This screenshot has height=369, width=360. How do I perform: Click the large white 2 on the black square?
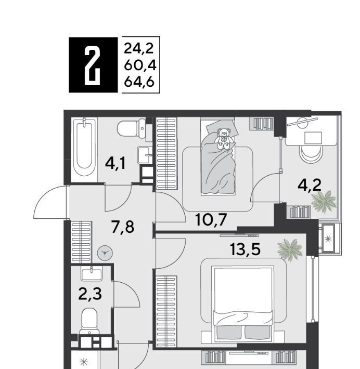pos(93,65)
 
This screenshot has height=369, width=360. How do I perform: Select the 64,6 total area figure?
pos(139,82)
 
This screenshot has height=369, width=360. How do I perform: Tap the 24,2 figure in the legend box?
pos(138,48)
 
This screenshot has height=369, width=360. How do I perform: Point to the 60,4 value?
pos(140,65)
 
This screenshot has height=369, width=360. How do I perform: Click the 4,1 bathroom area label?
pos(115,164)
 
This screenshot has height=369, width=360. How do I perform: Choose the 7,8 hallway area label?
pos(123,227)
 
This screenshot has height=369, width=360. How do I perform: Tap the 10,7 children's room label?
pos(211,220)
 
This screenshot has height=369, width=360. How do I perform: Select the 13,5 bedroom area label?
pos(246,249)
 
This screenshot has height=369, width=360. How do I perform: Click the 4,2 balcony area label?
pos(310,185)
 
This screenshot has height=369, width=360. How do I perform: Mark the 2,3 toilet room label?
pos(90,294)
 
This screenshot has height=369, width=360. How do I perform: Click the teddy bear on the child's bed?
pos(224,139)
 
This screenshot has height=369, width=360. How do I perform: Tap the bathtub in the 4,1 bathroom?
pos(84,150)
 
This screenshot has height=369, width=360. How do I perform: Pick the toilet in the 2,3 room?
pos(89,321)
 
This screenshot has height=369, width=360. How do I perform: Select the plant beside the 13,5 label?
pos(290,249)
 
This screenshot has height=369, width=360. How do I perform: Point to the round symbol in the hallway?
pos(105,253)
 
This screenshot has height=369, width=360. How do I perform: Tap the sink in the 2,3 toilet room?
pos(92,274)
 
